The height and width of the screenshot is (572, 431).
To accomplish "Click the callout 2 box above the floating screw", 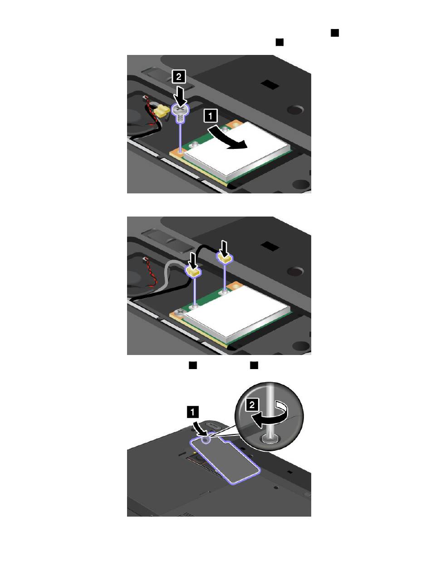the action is click(x=179, y=77).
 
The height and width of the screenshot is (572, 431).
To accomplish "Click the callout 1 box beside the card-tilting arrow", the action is click(x=211, y=116).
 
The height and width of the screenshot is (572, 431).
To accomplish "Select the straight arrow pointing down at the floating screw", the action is click(x=181, y=96).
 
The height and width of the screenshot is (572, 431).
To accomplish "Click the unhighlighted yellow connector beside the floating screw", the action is click(x=160, y=111).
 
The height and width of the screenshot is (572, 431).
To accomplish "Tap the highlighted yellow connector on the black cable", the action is click(x=225, y=258).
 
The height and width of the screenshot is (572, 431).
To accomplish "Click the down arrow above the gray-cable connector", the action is click(x=193, y=260).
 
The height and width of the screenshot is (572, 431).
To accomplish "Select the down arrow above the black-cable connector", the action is click(x=224, y=247).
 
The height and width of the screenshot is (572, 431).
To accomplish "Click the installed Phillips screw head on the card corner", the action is click(x=180, y=311).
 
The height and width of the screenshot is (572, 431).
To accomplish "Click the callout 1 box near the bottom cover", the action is click(x=192, y=412).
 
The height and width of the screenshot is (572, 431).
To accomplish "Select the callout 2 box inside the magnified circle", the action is click(x=252, y=405).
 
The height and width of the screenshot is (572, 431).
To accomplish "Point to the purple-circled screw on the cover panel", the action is click(x=206, y=439).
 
